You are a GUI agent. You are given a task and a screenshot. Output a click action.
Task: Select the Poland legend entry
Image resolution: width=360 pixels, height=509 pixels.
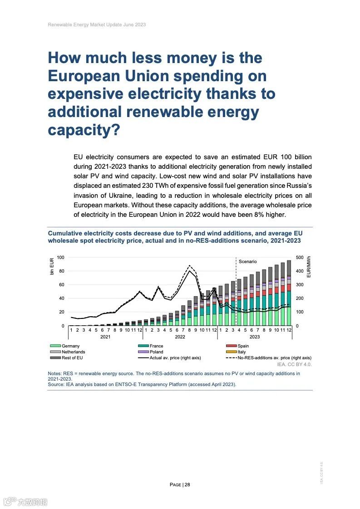click(156, 352)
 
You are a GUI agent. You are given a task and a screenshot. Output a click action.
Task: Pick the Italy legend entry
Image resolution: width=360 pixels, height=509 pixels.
click(242, 352)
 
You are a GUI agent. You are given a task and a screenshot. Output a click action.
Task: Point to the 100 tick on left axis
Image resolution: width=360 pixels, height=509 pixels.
click(60, 258)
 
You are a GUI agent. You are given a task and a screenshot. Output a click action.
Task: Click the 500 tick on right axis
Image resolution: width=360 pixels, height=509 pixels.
click(299, 258)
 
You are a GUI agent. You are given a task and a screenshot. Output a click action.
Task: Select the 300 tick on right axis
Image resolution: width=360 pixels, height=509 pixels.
click(299, 285)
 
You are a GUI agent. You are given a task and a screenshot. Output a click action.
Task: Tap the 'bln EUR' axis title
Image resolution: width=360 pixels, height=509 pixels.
click(52, 266)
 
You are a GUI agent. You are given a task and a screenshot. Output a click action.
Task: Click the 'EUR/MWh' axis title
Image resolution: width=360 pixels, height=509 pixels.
click(309, 267)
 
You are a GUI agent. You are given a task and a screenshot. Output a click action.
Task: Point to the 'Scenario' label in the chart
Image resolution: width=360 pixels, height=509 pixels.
click(247, 262)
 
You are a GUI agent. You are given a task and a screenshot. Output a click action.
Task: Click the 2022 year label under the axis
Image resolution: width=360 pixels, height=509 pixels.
click(180, 337)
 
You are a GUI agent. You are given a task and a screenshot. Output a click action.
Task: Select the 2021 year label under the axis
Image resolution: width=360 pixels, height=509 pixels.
click(105, 337)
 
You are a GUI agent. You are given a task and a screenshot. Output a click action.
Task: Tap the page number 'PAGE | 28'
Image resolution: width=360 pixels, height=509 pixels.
click(180, 485)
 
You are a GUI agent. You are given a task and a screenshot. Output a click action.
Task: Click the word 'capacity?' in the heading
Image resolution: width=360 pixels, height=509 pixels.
click(84, 130)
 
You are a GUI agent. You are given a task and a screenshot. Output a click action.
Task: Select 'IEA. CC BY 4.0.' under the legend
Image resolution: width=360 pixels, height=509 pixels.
click(294, 364)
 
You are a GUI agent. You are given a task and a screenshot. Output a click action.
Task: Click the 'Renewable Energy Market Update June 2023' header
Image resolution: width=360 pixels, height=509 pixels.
click(97, 24)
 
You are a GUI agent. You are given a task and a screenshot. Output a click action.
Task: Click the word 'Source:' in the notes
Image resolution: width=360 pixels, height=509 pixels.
click(56, 384)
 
